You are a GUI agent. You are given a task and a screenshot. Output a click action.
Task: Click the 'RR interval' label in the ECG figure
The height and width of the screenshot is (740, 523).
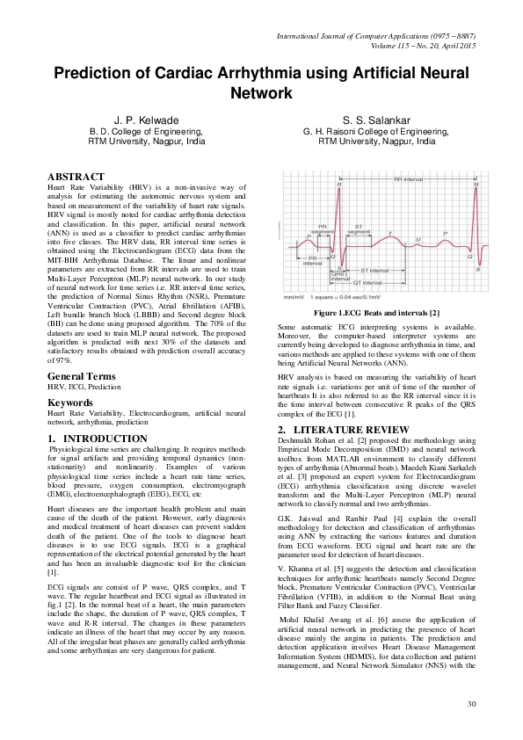pyautogui.click(x=409, y=178)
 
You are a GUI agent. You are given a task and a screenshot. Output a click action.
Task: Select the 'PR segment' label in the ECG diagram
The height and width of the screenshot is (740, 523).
pyautogui.click(x=322, y=227)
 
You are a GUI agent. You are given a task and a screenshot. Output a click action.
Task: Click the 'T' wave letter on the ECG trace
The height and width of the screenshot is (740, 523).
pyautogui.click(x=390, y=233)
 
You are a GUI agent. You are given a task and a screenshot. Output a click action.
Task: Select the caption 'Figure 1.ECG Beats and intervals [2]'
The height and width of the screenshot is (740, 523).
pyautogui.click(x=376, y=313)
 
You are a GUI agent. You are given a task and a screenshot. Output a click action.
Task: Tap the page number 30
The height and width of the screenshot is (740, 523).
pyautogui.click(x=471, y=704)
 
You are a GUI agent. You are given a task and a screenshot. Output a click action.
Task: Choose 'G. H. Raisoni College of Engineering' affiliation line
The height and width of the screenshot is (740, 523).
pyautogui.click(x=376, y=129)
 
